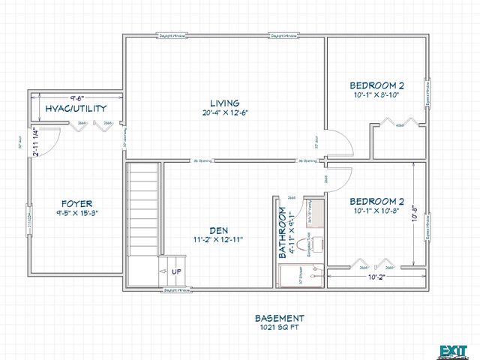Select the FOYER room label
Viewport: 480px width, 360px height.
[x=76, y=203]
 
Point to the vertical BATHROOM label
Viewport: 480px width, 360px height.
[x=283, y=233]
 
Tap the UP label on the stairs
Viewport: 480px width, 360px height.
[x=177, y=271]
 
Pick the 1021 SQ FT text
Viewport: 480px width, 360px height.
[x=279, y=327]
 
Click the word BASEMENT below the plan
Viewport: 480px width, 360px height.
[x=279, y=317]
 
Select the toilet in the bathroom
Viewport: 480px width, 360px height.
[x=315, y=244]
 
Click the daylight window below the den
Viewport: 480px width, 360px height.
[x=174, y=290]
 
